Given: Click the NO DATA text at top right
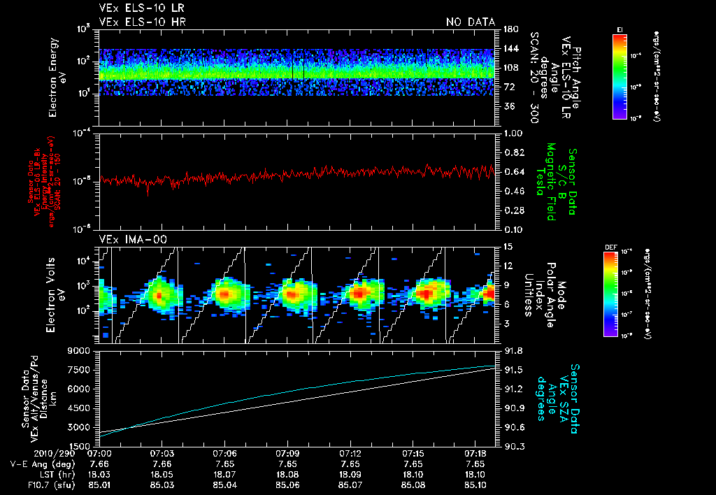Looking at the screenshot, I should coord(470,22).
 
